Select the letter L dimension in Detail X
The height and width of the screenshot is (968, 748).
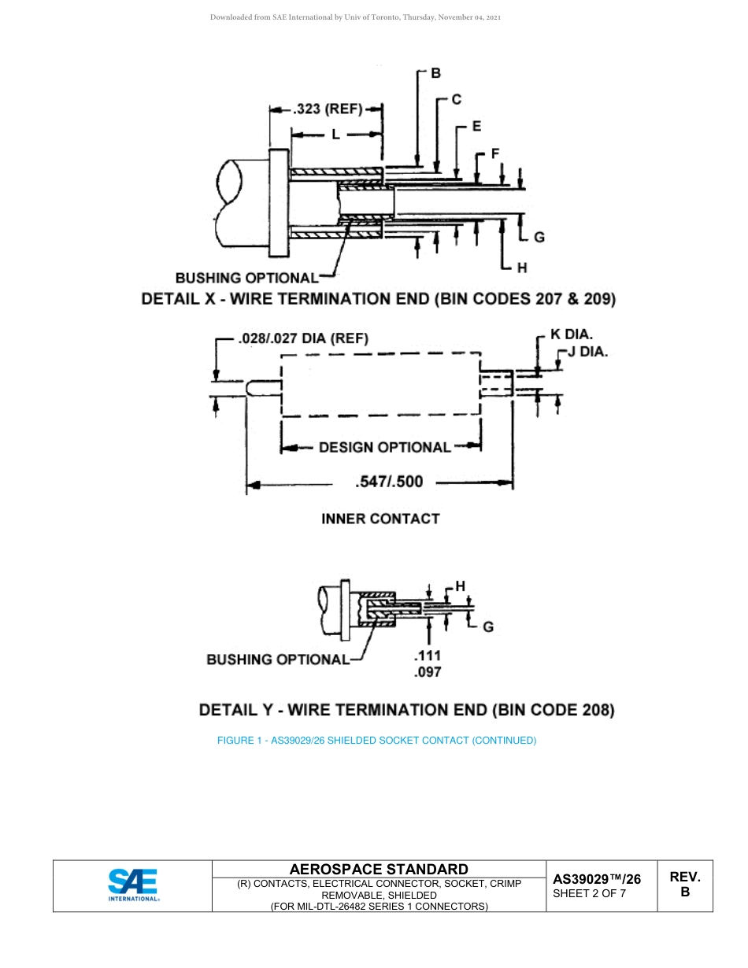(335, 135)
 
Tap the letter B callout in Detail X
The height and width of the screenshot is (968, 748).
(435, 73)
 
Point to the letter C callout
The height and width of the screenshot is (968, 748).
(456, 99)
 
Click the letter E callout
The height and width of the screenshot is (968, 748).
(476, 126)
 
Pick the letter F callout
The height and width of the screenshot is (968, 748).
(495, 153)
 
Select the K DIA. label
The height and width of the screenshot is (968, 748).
(572, 334)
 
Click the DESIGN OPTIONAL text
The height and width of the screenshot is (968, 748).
(384, 447)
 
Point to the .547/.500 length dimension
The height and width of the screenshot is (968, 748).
(389, 482)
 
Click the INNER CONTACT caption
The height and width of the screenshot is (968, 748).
(380, 519)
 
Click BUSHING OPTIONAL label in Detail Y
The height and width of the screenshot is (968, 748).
(277, 659)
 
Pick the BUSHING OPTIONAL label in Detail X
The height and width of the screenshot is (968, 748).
(246, 278)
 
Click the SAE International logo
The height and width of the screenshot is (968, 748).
(133, 885)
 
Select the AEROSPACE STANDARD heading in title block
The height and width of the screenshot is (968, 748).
(379, 869)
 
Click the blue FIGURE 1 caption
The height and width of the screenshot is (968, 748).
(376, 741)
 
